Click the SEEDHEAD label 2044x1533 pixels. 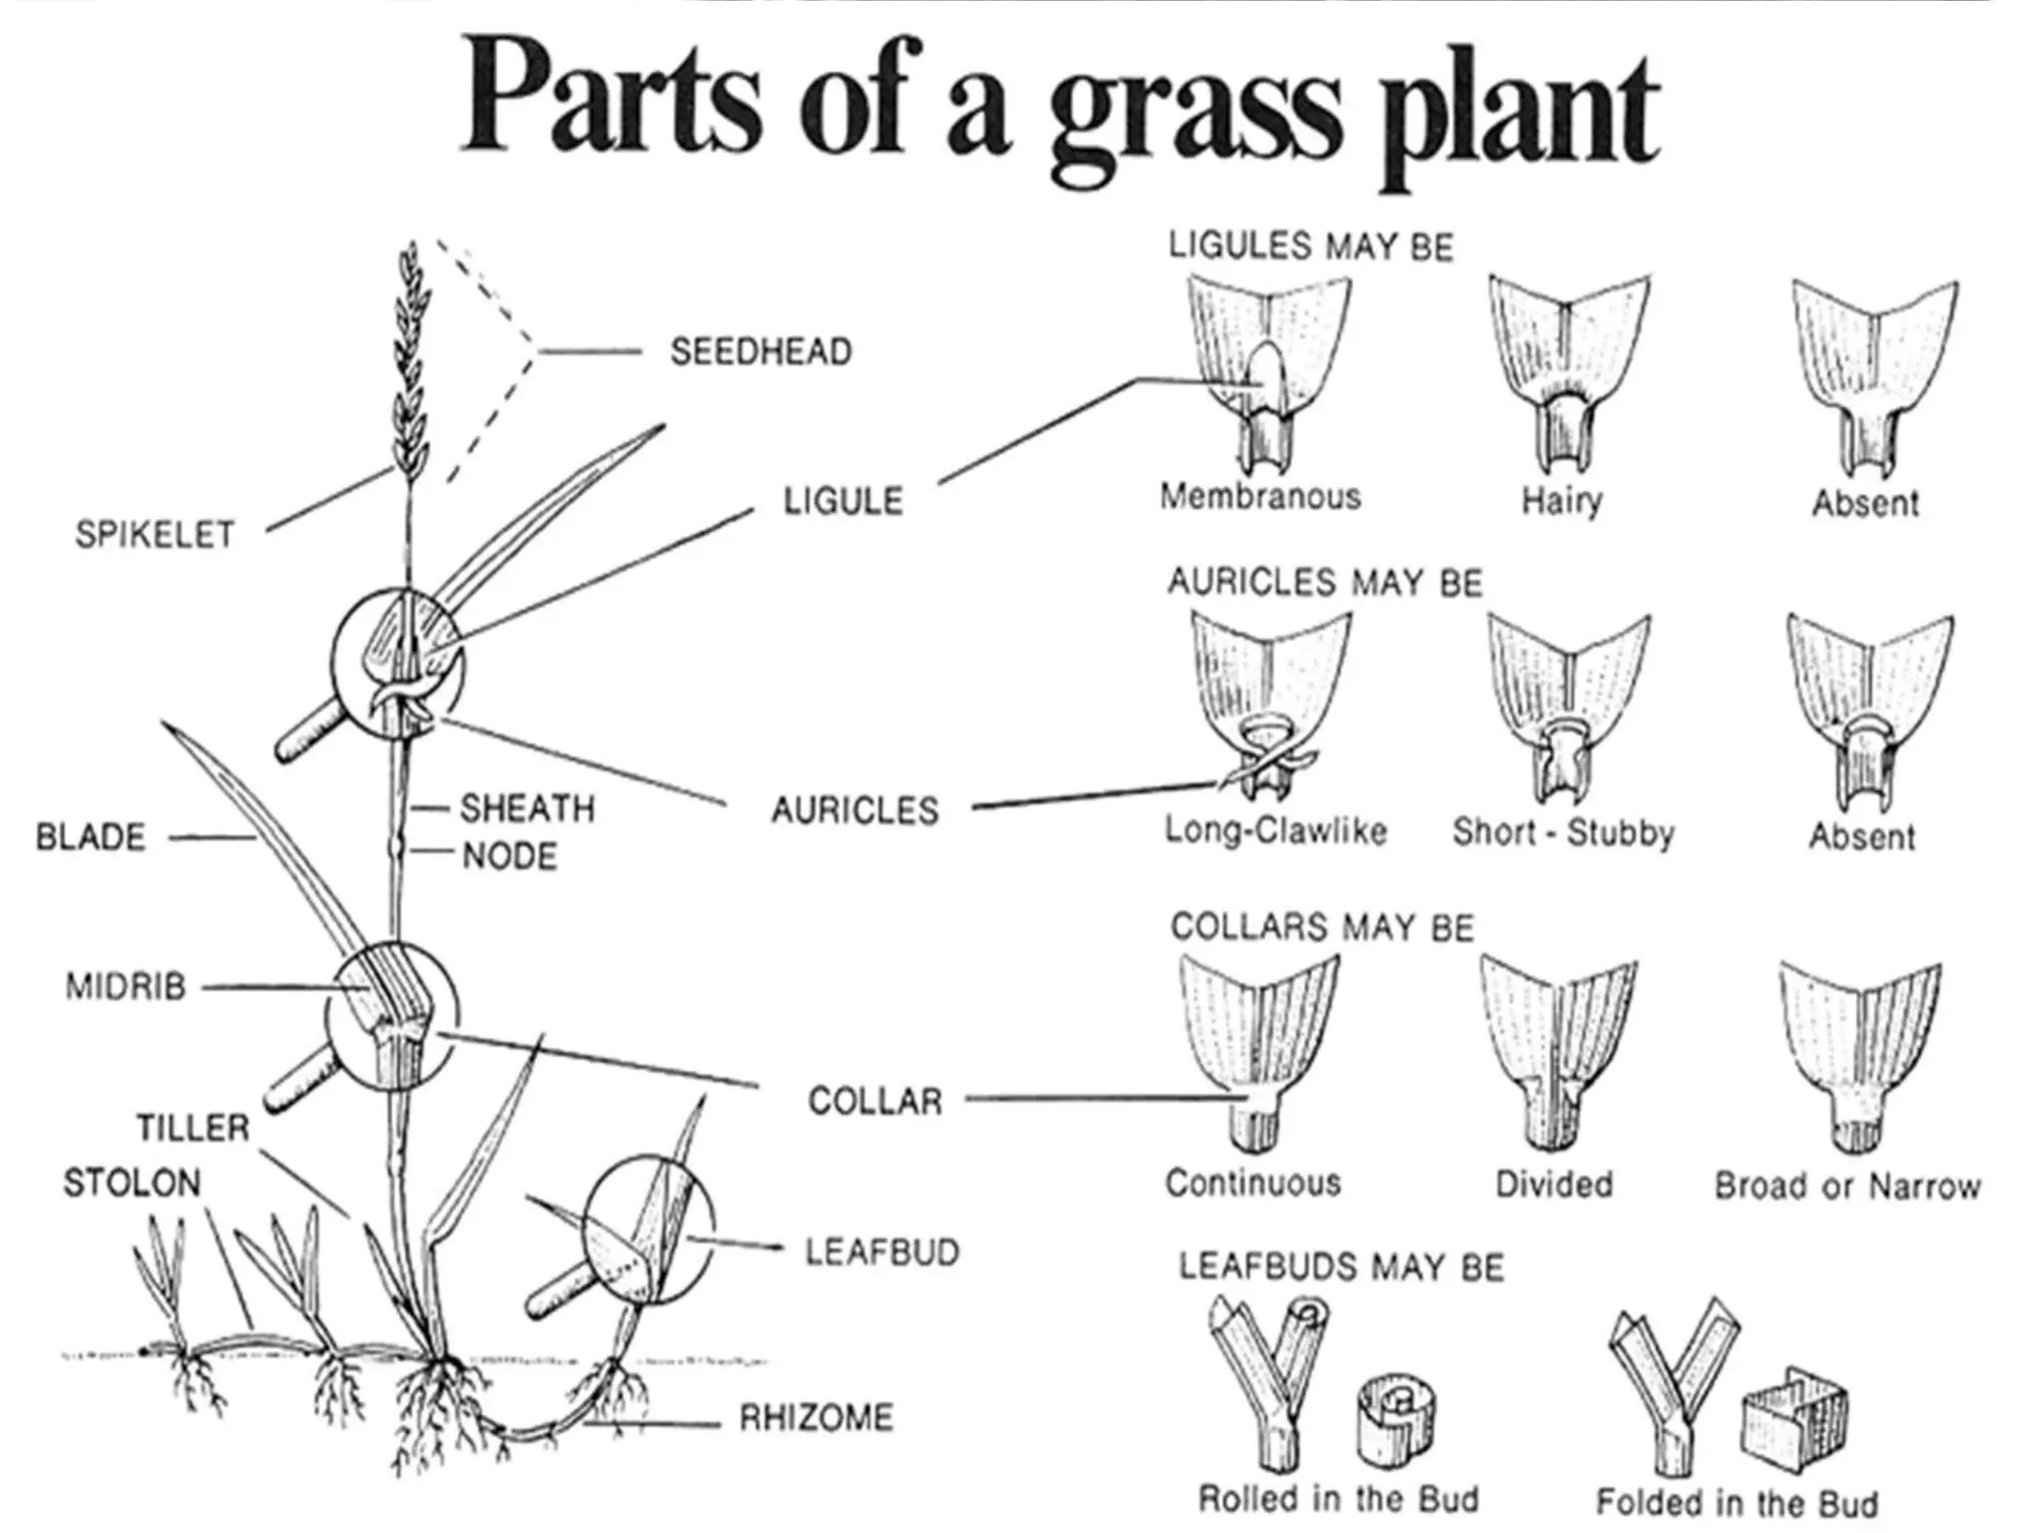coord(761,351)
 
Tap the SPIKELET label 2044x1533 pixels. coord(155,535)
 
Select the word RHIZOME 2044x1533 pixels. coord(815,1417)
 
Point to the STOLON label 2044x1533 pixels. coord(132,1183)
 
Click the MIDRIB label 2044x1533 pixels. coord(126,987)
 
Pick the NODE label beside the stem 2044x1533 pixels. coord(509,855)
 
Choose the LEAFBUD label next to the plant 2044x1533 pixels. coord(882,1252)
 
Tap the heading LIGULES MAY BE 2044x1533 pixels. coord(1310,247)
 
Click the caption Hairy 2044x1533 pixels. coord(1562,500)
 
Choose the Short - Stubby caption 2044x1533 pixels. coord(1563,831)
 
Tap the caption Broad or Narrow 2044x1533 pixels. coord(1847,1186)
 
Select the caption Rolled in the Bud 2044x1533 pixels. coord(1338,1498)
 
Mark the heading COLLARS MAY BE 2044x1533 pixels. coord(1321,927)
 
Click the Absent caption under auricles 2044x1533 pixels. coord(1862,836)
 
